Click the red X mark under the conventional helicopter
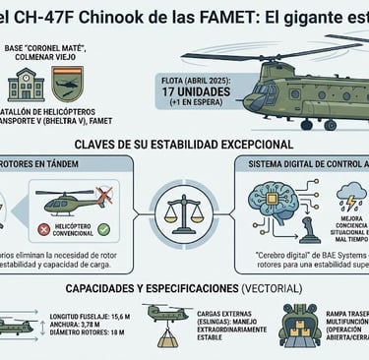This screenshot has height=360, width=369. pyautogui.click(x=44, y=229)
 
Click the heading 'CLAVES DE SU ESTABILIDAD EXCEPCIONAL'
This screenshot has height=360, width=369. pyautogui.click(x=184, y=144)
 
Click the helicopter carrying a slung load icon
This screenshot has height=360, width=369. pyautogui.click(x=166, y=321)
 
